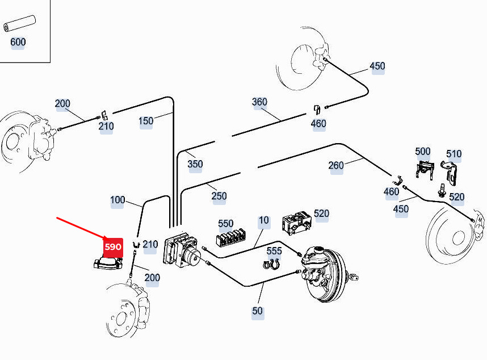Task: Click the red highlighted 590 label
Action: pos(113,247)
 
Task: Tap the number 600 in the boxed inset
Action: pos(18,42)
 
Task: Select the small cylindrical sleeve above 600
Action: pos(19,24)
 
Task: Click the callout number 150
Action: pos(146,121)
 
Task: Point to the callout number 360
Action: pos(259,102)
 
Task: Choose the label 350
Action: pos(195,164)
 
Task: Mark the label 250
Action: pos(219,196)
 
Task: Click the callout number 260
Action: pos(336,165)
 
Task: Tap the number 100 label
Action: pos(117,200)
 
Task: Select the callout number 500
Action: pos(423,152)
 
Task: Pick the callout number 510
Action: pos(454,154)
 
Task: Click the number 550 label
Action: pos(226,224)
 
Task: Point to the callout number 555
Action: pos(274,251)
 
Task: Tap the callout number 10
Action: pos(264,220)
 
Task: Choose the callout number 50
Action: pos(258,311)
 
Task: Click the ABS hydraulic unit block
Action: pos(182,249)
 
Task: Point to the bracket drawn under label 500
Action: pos(424,170)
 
